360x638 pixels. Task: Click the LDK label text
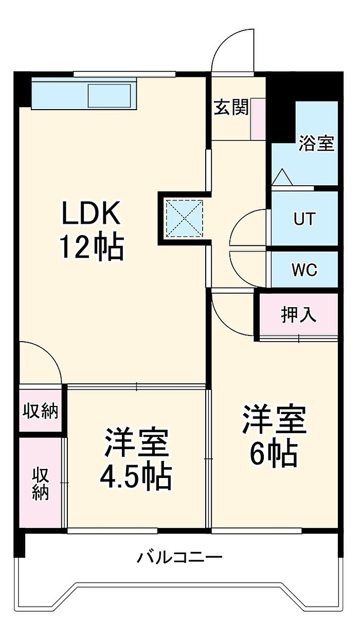tap(91, 213)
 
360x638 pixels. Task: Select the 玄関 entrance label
tap(231, 108)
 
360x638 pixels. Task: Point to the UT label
tap(304, 219)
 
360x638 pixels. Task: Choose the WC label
tap(304, 269)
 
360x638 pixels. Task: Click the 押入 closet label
tap(298, 315)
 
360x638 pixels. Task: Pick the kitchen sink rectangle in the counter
tap(110, 95)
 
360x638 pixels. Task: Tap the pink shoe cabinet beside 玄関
tap(258, 119)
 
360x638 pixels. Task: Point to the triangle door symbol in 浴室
tap(282, 177)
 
